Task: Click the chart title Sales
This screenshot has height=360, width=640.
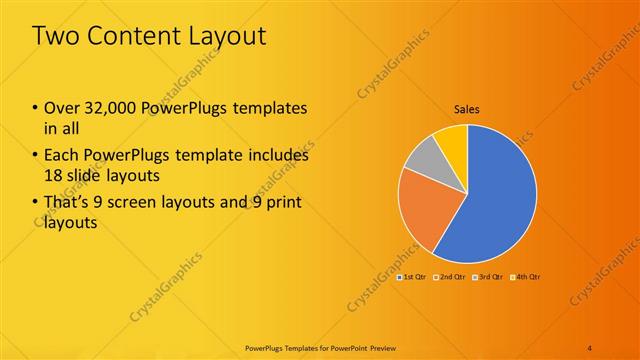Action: point(467,108)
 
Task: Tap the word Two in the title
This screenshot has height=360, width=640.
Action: point(56,36)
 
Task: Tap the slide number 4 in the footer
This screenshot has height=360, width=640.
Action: point(590,347)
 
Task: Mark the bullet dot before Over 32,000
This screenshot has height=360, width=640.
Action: point(36,108)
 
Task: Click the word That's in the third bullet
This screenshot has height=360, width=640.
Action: point(69,203)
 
